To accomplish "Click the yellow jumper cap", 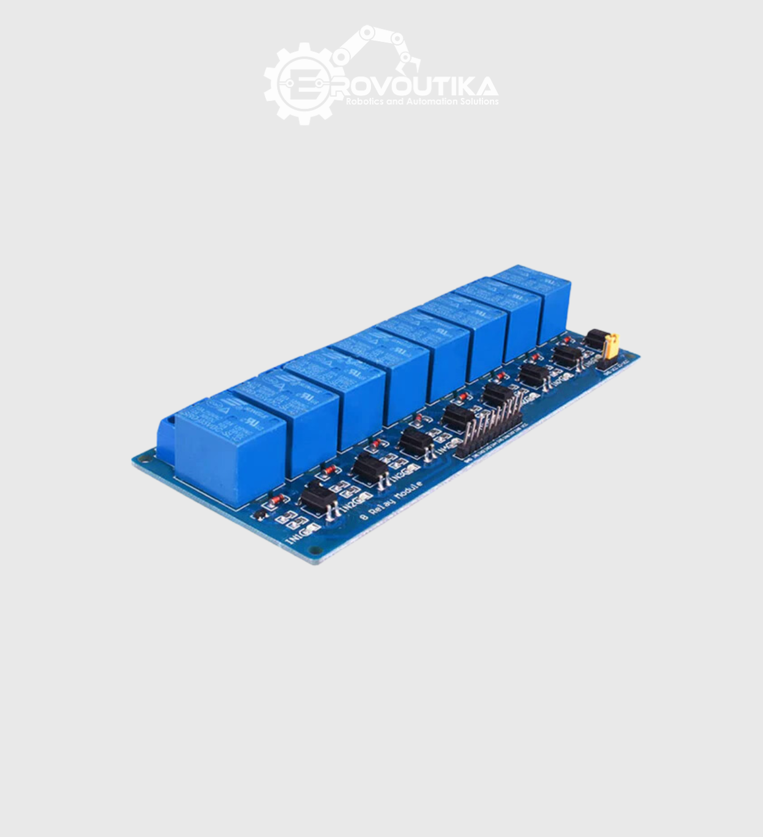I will click(x=611, y=346).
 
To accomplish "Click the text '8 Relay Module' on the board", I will click(x=391, y=500).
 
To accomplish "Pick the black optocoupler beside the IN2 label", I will click(x=370, y=468).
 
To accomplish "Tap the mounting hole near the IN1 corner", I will click(x=315, y=550).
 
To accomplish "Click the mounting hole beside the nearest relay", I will click(x=146, y=459).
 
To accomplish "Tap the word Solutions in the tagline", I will click(x=480, y=102).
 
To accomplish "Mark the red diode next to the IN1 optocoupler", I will click(x=278, y=499).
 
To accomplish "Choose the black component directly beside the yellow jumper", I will click(x=595, y=338).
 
